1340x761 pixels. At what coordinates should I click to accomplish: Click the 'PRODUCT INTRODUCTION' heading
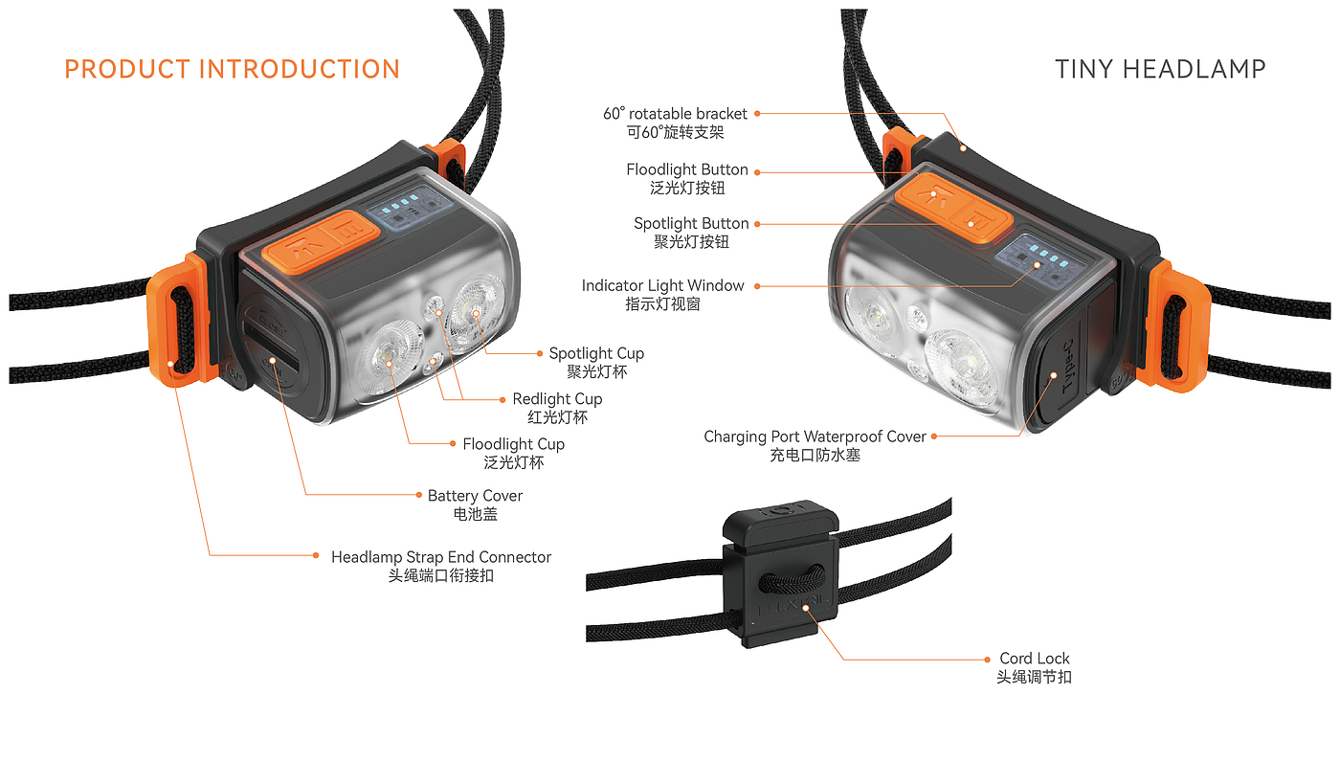pos(232,70)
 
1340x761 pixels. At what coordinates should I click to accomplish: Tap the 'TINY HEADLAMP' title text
pos(1160,70)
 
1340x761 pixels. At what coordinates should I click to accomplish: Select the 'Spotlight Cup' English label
pos(596,353)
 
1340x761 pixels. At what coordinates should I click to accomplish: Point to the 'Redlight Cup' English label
pos(557,399)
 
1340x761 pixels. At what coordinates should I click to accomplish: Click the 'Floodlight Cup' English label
pos(513,444)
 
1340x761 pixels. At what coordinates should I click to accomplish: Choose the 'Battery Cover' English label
pos(475,496)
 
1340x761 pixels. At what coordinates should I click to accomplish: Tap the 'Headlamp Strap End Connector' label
pos(441,557)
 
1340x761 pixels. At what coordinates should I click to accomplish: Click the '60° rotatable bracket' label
pos(675,114)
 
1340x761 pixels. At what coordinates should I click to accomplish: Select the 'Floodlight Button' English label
pos(687,169)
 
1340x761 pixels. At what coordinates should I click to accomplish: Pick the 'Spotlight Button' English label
pos(691,224)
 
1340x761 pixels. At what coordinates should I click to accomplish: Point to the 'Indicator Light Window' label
pos(662,286)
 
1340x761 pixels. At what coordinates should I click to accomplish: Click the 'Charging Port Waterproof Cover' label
pos(815,436)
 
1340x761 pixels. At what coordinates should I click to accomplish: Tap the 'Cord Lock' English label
pos(1035,659)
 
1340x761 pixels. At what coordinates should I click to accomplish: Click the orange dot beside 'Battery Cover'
pos(418,495)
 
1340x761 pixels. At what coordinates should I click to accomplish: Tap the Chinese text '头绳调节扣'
pos(1035,678)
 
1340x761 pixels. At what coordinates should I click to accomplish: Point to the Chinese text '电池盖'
pos(475,515)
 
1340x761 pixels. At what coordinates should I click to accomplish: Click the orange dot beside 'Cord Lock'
pos(989,659)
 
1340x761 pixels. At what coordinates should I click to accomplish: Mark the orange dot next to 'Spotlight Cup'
pos(540,353)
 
